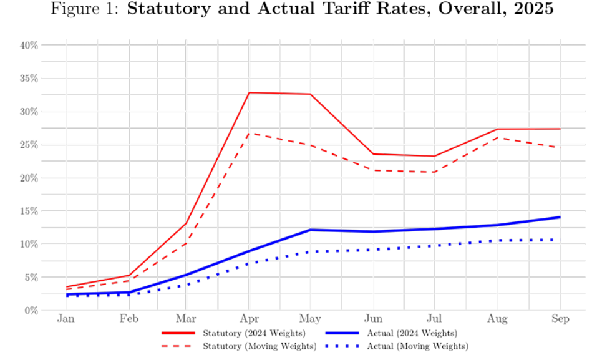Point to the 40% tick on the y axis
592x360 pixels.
point(29,46)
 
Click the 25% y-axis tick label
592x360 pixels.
point(29,145)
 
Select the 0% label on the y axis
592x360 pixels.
point(32,310)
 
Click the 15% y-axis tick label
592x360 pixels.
point(29,211)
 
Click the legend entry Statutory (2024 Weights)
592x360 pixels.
point(255,333)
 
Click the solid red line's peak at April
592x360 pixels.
point(249,92)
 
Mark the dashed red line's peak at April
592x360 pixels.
point(249,133)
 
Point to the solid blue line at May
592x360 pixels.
point(311,230)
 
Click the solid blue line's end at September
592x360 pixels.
point(560,217)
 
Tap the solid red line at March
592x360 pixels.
point(187,223)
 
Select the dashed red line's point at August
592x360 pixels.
point(498,137)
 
